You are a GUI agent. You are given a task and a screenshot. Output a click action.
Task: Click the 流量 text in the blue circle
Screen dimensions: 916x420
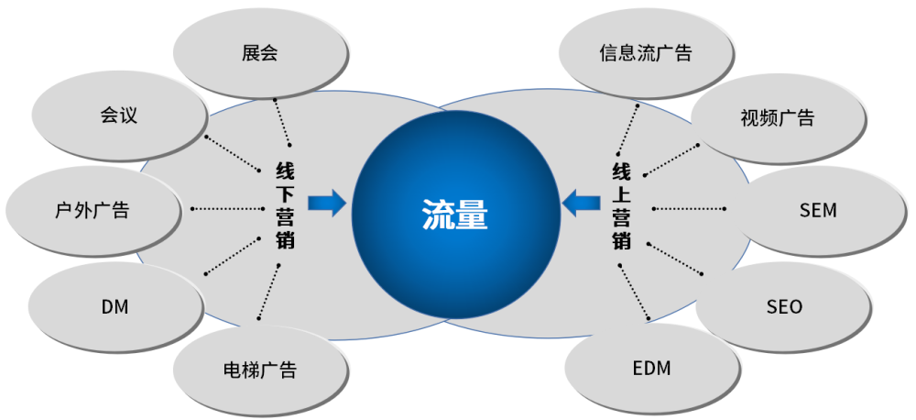[x=454, y=216]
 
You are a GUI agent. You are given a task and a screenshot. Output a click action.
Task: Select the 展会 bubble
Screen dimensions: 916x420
[x=259, y=53]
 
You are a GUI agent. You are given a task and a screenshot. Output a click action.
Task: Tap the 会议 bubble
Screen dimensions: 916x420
[x=118, y=116]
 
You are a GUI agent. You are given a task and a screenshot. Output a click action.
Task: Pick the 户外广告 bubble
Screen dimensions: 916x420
[x=93, y=210]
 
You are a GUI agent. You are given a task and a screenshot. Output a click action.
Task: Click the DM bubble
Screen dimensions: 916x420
[x=114, y=306]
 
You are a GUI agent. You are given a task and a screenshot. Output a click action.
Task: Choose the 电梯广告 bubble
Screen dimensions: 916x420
[x=259, y=370]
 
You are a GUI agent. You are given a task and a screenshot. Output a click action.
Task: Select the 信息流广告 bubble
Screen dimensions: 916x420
[x=646, y=53]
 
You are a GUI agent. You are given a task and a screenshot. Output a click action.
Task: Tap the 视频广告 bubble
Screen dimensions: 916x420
[x=777, y=118]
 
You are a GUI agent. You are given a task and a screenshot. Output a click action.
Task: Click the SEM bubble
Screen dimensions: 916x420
[x=818, y=210]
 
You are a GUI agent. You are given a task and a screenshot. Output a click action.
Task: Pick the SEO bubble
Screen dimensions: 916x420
[x=784, y=306]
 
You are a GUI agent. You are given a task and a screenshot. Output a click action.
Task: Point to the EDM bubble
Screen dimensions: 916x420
[x=651, y=369]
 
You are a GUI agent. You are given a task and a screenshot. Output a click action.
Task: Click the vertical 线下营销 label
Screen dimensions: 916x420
[x=285, y=206]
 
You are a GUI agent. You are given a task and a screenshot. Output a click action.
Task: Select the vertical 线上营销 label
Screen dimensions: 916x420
[x=622, y=206]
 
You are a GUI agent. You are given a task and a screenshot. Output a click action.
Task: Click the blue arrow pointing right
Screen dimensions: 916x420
[x=327, y=203]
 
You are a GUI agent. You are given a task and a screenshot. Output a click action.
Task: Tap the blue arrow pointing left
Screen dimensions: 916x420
[x=581, y=203]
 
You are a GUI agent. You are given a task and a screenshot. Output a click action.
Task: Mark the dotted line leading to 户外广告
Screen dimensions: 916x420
[x=227, y=208]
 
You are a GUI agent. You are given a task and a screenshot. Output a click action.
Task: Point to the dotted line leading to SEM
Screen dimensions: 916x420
[x=690, y=208]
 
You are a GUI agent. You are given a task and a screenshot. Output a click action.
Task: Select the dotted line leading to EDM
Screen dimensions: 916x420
[x=634, y=292]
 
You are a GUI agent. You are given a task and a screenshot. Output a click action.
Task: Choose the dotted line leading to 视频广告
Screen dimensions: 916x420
[x=671, y=159]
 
